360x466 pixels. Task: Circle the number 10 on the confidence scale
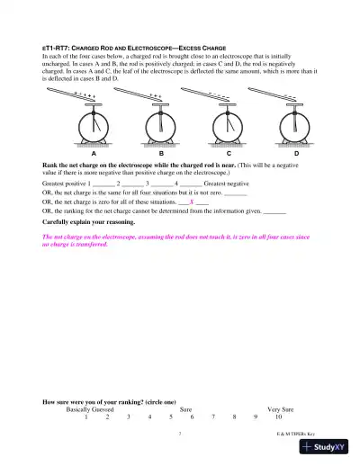tap(279, 417)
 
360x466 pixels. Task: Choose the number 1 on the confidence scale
tap(86, 417)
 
